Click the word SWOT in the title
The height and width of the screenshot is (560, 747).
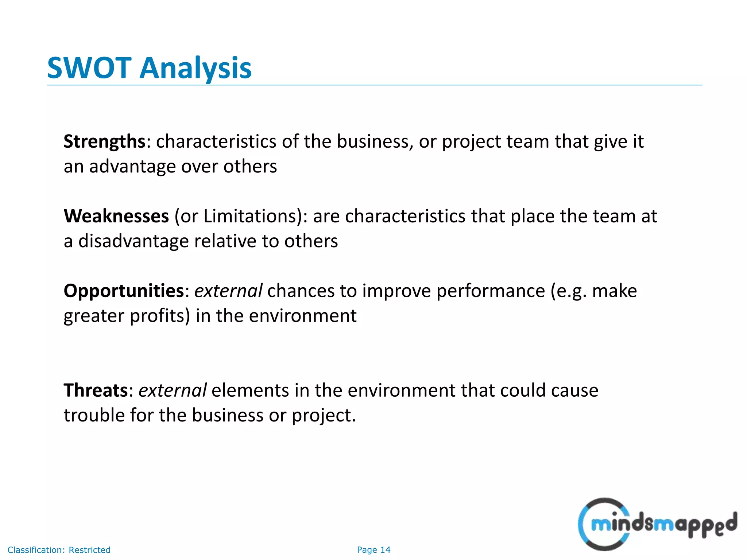pos(89,68)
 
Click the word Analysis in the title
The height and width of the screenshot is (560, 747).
pos(196,68)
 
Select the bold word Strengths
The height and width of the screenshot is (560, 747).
pos(105,141)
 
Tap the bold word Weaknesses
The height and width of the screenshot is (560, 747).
pos(116,216)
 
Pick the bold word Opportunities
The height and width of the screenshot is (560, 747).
pos(124,291)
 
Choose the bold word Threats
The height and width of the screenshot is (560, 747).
pos(96,390)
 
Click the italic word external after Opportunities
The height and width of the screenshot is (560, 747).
pos(228,291)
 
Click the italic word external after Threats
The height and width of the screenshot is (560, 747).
pos(173,390)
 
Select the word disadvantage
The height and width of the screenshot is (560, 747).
pos(133,241)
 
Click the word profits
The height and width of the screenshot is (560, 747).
pos(160,316)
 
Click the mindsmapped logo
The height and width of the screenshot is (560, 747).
pos(657,524)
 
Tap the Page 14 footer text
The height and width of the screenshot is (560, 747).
pos(373,550)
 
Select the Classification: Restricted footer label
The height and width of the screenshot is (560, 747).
pos(59,550)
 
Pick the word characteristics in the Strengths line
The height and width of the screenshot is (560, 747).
pos(216,141)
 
